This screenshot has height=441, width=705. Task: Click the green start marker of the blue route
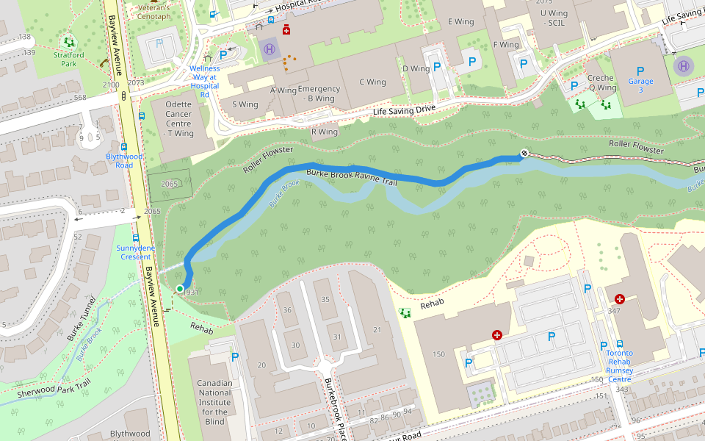click(x=180, y=289)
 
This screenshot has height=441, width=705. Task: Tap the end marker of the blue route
click(x=524, y=153)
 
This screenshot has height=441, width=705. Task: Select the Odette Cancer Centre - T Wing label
click(x=179, y=119)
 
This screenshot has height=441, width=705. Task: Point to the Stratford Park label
click(x=68, y=59)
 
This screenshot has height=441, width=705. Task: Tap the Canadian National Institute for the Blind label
click(x=215, y=402)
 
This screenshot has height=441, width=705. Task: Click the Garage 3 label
click(x=640, y=85)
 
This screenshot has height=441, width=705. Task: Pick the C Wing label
click(x=372, y=82)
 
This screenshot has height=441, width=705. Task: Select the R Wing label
click(x=325, y=132)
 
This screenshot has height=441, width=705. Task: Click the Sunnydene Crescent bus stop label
click(x=136, y=252)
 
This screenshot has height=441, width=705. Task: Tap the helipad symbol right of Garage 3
click(x=684, y=65)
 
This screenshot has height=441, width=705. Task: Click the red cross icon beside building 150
click(x=497, y=335)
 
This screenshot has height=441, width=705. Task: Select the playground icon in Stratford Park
click(x=68, y=42)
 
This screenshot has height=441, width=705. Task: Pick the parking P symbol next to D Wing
click(x=437, y=66)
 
